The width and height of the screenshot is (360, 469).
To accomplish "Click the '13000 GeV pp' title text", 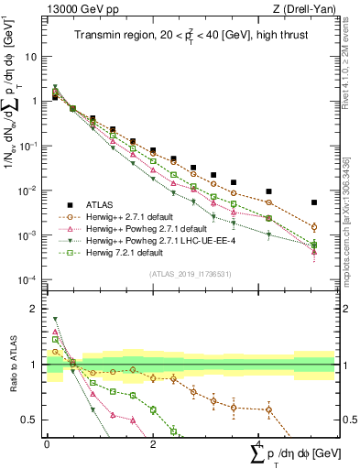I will coord(77,9).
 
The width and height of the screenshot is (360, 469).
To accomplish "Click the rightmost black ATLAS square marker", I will coord(314,202).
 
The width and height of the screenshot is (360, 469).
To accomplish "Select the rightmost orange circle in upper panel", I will coord(314,227).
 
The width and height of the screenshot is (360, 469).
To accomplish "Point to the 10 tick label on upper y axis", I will coord(30,57).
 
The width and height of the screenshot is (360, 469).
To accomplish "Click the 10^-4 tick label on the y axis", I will coord(27,280).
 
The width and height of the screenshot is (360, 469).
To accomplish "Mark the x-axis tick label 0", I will coord(47,442).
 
